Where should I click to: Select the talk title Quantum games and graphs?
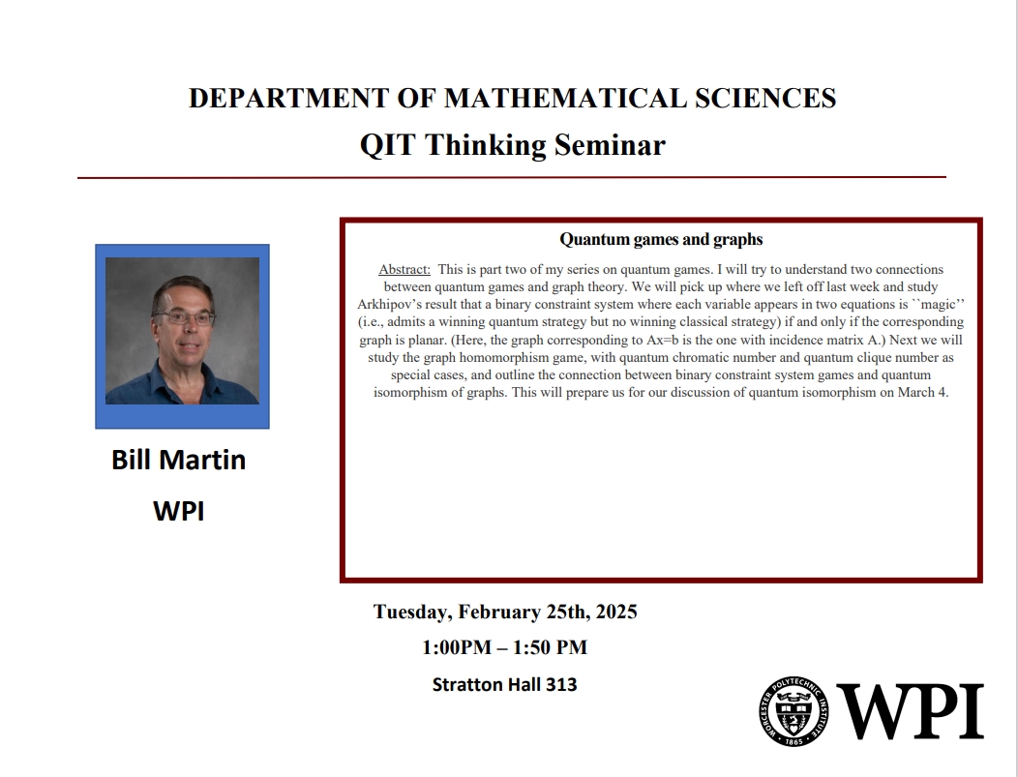point(661,239)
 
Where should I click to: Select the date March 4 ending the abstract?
point(923,392)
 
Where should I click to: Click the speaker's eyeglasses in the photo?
point(184,316)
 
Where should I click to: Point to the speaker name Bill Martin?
point(179,460)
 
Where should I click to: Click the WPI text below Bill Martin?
point(179,511)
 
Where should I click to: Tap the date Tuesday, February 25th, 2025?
point(505,612)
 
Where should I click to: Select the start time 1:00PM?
point(455,647)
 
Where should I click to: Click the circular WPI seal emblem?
point(794,711)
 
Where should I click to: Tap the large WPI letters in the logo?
point(910,711)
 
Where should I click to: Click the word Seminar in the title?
point(610,145)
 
